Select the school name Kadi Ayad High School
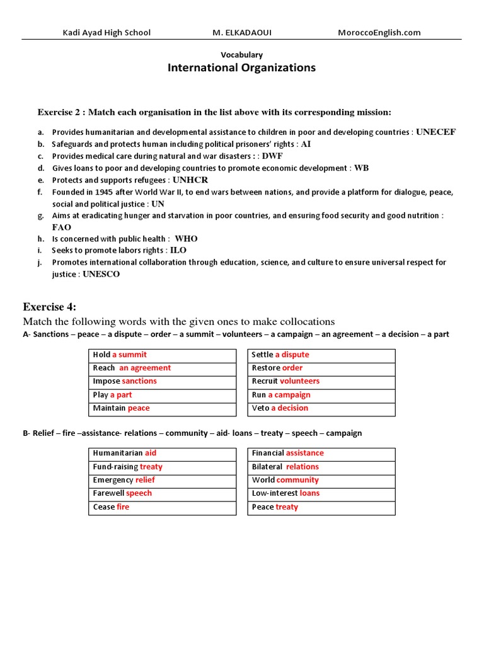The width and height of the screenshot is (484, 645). (x=107, y=33)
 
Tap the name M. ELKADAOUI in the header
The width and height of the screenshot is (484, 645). (x=241, y=33)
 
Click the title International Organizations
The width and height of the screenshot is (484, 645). (x=241, y=68)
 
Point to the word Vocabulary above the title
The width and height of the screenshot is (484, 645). (x=241, y=55)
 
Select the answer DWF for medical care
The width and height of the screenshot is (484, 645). (x=272, y=156)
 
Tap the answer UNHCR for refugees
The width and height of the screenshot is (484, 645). (x=194, y=180)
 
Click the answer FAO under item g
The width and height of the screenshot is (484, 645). (x=62, y=227)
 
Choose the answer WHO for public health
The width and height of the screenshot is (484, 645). (x=186, y=239)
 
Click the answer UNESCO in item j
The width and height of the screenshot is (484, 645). (x=101, y=275)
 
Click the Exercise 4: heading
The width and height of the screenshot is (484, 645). (x=49, y=307)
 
